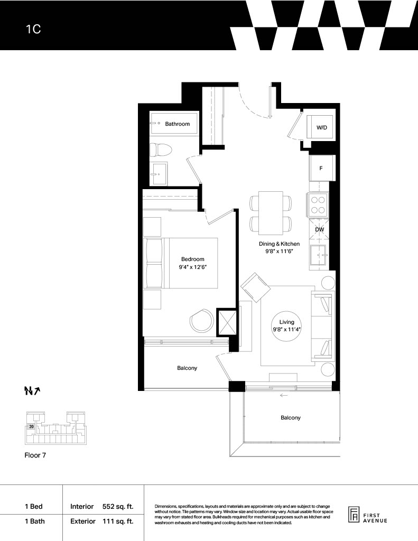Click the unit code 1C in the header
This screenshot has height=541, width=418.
point(33,29)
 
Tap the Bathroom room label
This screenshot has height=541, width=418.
point(177,124)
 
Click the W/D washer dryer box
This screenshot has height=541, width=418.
point(321,127)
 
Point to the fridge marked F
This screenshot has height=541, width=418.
point(321,169)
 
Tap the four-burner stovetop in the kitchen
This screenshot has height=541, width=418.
point(317,205)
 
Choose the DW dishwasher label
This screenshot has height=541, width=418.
point(319,229)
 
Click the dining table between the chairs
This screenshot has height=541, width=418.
point(271,212)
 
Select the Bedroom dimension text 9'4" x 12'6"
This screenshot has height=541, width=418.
point(192,267)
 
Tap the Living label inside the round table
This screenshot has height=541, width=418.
point(286,322)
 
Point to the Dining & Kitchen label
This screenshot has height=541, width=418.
point(279,244)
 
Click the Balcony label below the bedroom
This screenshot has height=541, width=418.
point(187,368)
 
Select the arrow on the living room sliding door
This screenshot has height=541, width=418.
point(283,395)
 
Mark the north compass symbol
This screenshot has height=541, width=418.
point(32,390)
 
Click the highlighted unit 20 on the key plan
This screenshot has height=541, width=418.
point(31,426)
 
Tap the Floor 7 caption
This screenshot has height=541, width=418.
point(35,455)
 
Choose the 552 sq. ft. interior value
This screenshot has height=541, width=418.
point(118,507)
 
